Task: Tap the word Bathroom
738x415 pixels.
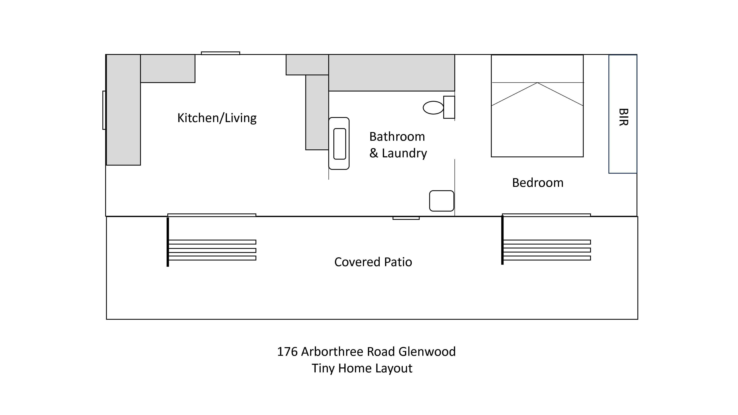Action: tap(397, 137)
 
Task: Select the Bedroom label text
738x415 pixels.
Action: tap(538, 183)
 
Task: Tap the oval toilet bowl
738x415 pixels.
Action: tap(433, 108)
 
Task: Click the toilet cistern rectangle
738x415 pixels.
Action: tap(449, 107)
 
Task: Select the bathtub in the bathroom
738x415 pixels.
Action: tap(339, 143)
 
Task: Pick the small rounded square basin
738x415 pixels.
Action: tap(442, 201)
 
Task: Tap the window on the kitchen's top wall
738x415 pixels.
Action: tap(220, 53)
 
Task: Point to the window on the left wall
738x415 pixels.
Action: tap(104, 110)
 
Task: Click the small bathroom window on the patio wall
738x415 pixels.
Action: tap(406, 218)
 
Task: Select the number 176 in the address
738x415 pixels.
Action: tap(287, 352)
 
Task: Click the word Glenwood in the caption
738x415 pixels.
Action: tap(427, 352)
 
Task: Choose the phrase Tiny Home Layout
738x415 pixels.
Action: tap(362, 368)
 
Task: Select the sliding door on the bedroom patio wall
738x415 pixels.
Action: tap(546, 215)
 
